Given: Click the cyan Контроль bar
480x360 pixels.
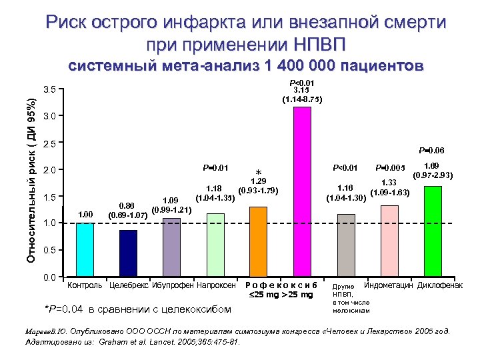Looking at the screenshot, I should [85, 249].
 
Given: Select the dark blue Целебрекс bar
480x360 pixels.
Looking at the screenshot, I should [128, 253].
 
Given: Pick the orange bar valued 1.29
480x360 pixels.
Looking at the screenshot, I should [258, 241].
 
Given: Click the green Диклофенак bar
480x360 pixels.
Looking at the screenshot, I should [433, 231].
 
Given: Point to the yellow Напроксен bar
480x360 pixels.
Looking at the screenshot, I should [215, 244].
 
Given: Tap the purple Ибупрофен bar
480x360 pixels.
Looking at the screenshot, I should [171, 247].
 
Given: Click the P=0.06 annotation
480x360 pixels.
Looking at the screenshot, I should [431, 151].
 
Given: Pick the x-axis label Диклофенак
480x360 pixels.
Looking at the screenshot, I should [440, 285].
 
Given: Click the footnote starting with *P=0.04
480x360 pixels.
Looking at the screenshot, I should [137, 309].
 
